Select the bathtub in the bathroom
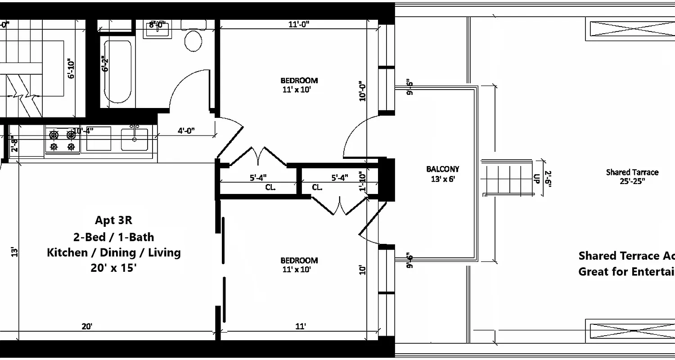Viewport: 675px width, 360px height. tap(118, 72)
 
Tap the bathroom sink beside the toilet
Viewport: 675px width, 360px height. tap(157, 29)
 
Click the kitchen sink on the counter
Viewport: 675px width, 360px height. tap(134, 139)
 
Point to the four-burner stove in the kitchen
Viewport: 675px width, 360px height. tap(63, 140)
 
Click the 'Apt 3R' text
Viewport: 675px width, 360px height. tap(113, 220)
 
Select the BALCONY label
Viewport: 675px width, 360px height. tap(443, 169)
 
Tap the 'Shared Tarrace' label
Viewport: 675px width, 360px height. tap(632, 172)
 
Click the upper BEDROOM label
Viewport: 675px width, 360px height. tap(299, 81)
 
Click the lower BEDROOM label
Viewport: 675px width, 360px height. tap(299, 261)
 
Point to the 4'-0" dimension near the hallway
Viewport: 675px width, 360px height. tap(185, 131)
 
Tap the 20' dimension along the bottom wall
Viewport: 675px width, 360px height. tap(87, 326)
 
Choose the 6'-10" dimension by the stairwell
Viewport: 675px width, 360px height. tap(71, 68)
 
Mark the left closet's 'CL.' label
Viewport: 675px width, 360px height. tap(270, 187)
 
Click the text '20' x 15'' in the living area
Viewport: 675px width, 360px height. tap(113, 268)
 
